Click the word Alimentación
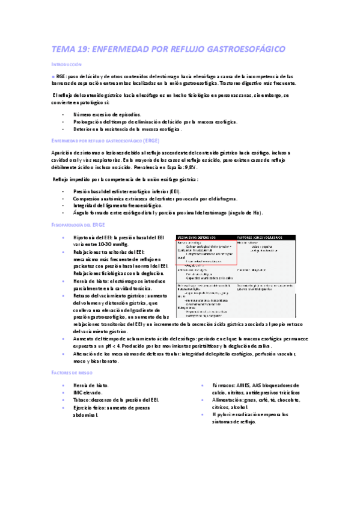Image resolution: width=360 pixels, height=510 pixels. tap(231, 399)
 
